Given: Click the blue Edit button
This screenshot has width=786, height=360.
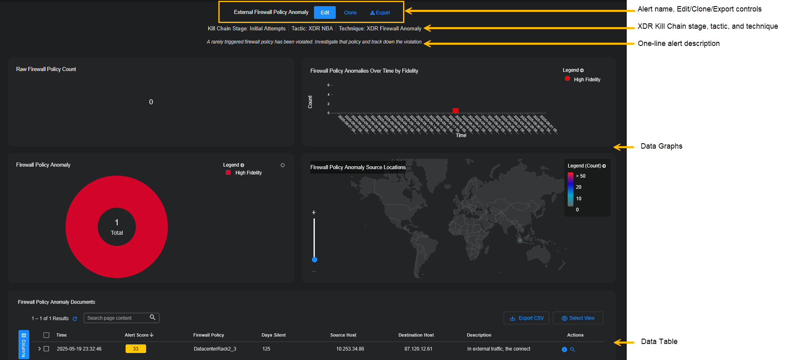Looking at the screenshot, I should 325,13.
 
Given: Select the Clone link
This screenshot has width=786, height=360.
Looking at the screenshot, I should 350,13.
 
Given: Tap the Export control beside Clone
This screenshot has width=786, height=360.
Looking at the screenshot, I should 380,13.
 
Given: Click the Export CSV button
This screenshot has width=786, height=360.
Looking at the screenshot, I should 527,318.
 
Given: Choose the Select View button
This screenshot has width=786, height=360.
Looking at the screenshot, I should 578,318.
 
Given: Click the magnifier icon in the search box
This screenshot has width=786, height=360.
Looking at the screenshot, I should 153,317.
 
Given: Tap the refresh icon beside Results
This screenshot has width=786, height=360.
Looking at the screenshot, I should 75,319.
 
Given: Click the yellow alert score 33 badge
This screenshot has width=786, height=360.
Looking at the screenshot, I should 135,349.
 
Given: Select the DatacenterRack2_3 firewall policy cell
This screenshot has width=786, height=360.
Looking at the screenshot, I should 215,349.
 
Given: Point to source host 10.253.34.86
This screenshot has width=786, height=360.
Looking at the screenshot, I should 350,349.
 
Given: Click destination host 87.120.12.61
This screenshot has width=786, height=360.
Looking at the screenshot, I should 418,349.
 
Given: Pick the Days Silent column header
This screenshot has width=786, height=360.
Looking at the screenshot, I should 274,335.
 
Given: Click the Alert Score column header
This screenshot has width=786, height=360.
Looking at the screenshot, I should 137,335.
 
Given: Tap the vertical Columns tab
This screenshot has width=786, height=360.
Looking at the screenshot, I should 24,345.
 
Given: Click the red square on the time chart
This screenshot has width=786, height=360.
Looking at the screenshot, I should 455,110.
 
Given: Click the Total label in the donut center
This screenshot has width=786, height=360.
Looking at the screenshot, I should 117,233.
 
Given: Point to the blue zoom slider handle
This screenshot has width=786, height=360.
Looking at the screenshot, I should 314,259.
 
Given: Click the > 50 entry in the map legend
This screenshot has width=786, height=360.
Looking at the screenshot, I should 581,176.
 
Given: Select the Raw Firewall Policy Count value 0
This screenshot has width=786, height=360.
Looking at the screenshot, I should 151,102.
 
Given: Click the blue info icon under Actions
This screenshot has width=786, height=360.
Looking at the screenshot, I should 564,349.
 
